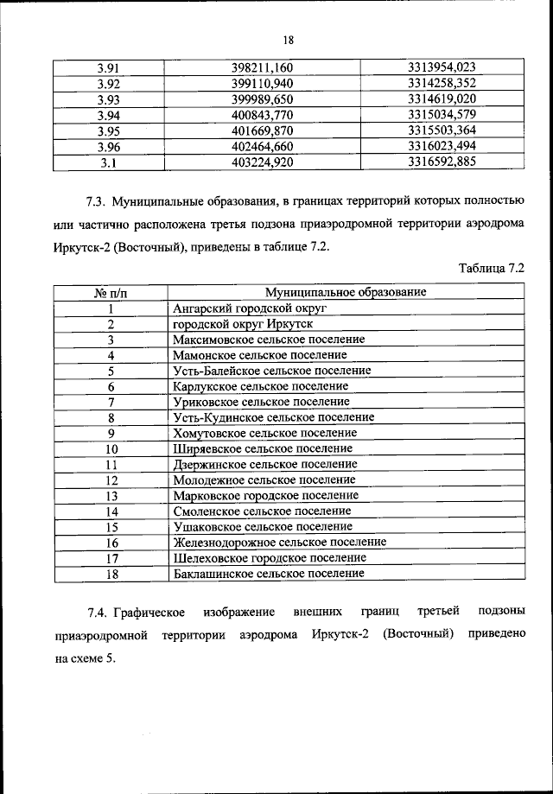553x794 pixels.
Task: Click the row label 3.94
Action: [109, 115]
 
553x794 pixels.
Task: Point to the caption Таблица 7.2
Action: [492, 269]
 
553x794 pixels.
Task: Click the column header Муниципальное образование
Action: [346, 293]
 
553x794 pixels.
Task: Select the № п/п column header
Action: [111, 293]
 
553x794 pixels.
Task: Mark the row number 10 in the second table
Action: [111, 449]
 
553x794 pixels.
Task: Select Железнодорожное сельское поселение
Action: [279, 543]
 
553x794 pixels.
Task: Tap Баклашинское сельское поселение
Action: [268, 574]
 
